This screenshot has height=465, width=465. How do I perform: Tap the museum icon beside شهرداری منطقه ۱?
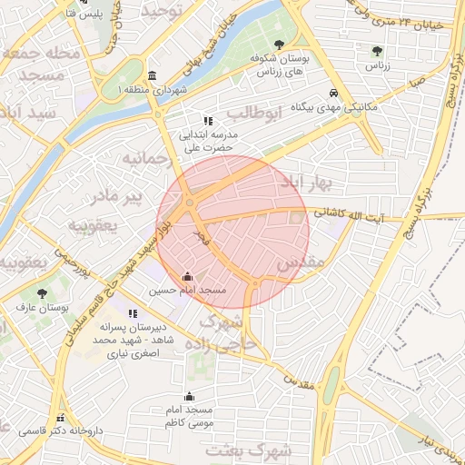pyautogui.click(x=150, y=75)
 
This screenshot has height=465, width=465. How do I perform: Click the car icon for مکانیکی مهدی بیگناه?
pyautogui.click(x=335, y=94)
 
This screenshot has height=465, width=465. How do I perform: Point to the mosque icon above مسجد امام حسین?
pyautogui.click(x=188, y=276)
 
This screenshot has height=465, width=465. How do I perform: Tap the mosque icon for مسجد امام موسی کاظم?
pyautogui.click(x=189, y=396)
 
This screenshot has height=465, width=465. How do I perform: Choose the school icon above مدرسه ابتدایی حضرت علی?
pyautogui.click(x=208, y=120)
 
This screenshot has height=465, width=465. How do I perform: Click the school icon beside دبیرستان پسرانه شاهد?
pyautogui.click(x=134, y=313)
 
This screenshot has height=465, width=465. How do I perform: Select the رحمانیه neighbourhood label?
pyautogui.click(x=145, y=161)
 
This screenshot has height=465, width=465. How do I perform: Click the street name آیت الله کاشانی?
pyautogui.click(x=350, y=215)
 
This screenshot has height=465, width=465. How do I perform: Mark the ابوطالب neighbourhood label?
pyautogui.click(x=250, y=113)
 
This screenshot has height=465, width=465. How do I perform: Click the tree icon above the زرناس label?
pyautogui.click(x=377, y=51)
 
